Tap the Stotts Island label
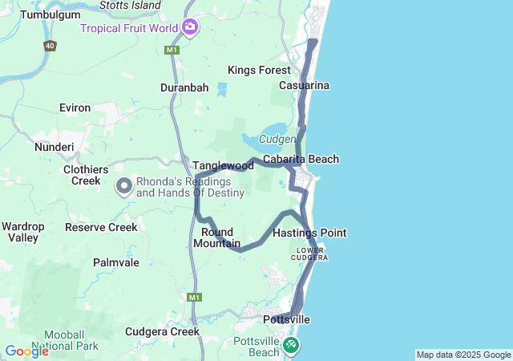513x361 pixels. click(130, 6)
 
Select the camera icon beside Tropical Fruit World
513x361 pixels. click(190, 28)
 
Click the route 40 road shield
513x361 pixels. click(50, 46)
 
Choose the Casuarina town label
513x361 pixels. click(305, 85)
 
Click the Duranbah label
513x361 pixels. click(184, 87)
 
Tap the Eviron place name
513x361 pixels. click(75, 107)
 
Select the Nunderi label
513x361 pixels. click(54, 147)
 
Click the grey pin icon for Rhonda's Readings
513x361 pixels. click(124, 187)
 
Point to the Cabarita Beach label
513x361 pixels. click(301, 160)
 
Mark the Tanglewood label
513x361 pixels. click(222, 165)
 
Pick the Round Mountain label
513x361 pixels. click(216, 237)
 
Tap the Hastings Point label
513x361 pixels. click(309, 233)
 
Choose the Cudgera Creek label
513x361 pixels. click(162, 331)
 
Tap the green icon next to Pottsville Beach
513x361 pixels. click(291, 345)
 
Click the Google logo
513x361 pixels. click(26, 351)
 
